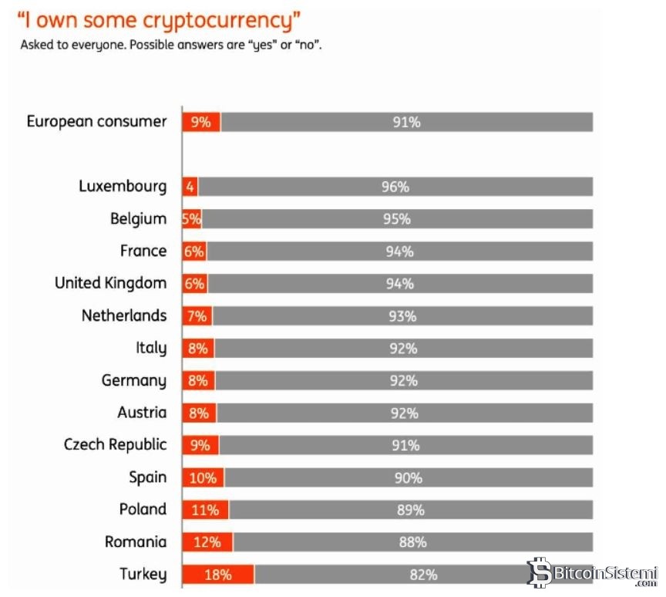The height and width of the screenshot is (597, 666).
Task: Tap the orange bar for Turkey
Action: coord(218,575)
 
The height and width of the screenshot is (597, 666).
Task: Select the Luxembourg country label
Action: coord(123,187)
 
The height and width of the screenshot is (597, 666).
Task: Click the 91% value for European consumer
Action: coord(406,122)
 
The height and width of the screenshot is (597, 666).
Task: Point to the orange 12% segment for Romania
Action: coord(207,542)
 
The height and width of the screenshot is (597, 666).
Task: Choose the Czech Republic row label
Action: coord(115,445)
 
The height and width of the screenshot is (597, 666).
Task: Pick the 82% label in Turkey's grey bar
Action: coord(423,575)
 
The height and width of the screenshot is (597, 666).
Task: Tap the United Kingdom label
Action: coord(110,283)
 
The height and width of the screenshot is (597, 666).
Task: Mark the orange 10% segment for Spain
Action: coord(203,477)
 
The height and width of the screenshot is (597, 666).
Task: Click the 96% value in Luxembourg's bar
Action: coord(395,187)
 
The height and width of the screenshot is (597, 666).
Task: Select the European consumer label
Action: coord(96,122)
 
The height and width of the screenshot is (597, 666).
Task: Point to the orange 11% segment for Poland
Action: coord(205,510)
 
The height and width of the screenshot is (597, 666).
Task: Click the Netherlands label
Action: coord(124,315)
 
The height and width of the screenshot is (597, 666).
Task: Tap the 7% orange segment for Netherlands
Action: coord(197,315)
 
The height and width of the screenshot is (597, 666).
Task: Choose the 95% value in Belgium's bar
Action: coord(397,219)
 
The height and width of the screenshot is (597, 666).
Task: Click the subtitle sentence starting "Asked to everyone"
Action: coord(171,46)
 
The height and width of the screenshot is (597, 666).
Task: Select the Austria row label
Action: coord(142,413)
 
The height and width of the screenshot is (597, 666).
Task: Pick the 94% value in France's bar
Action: coord(399,251)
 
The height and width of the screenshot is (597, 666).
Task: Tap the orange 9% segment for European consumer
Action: coord(201,122)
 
